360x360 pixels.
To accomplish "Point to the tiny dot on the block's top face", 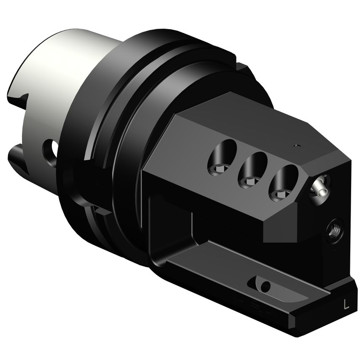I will [x=296, y=146].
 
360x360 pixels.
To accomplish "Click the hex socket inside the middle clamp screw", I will [x=248, y=182].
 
